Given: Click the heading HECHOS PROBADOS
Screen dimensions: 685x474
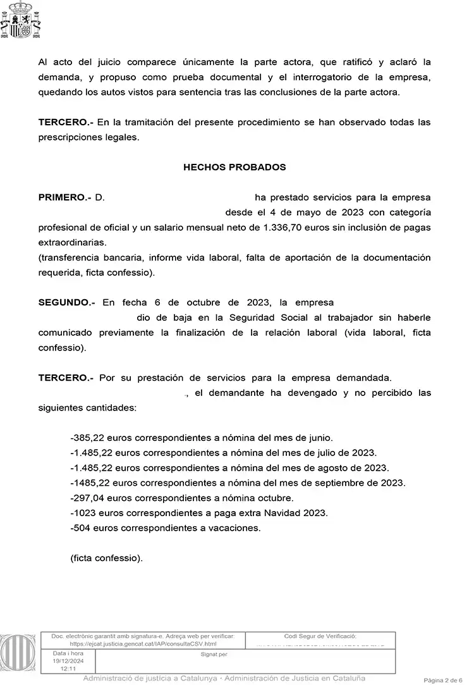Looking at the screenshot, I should click(234, 168).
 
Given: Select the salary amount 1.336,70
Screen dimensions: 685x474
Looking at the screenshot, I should click(277, 227).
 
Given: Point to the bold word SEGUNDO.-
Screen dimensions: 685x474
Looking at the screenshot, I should click(67, 303).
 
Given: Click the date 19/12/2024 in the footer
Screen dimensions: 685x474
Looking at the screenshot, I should click(68, 660).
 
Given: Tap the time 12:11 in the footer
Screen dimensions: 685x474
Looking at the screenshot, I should click(68, 668).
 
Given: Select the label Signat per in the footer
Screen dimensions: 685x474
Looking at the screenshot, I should click(214, 654).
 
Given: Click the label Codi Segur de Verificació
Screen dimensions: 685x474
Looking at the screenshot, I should click(320, 636).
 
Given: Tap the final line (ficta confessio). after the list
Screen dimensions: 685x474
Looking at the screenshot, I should click(107, 558).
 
